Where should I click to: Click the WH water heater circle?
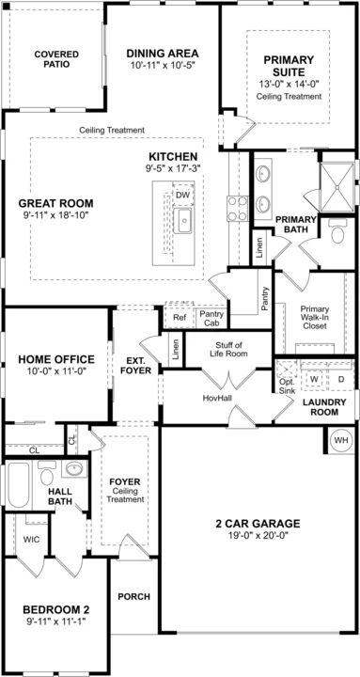point(341,441)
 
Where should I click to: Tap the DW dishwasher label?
point(183,196)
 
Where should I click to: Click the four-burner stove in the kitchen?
point(238,209)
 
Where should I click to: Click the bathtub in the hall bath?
point(19,485)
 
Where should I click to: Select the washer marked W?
point(314,379)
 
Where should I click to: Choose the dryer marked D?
point(340,379)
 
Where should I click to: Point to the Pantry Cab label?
point(211,318)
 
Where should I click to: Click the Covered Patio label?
point(56,59)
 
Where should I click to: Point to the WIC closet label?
point(32,540)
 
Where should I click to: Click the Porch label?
point(134,597)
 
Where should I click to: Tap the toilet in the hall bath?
point(46,474)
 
